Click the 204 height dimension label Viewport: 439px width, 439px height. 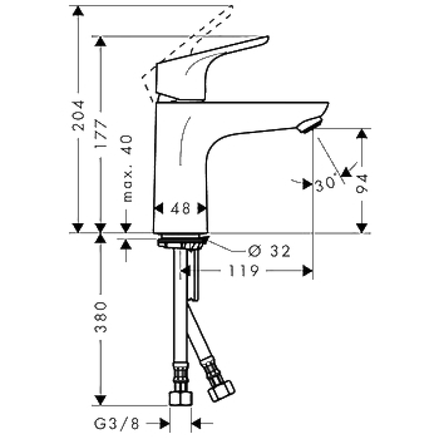pyautogui.click(x=78, y=115)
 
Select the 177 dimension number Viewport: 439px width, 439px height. pyautogui.click(x=100, y=134)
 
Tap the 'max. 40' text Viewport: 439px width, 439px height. pyautogui.click(x=127, y=168)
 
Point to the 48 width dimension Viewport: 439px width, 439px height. pyautogui.click(x=180, y=209)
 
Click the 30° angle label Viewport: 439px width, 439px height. pyautogui.click(x=325, y=184)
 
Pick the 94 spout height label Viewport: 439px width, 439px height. pyautogui.click(x=362, y=184)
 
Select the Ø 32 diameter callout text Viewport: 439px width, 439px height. pyautogui.click(x=269, y=251)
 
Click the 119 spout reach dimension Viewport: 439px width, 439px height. pyautogui.click(x=244, y=271)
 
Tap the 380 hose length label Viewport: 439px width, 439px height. pyautogui.click(x=100, y=317)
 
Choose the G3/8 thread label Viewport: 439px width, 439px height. pyautogui.click(x=116, y=424)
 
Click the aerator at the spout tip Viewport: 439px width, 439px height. pyautogui.click(x=309, y=125)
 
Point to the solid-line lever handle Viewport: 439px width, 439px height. pyautogui.click(x=210, y=69)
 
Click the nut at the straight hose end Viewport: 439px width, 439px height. pyautogui.click(x=181, y=398)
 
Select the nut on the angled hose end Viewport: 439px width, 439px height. pyautogui.click(x=222, y=391)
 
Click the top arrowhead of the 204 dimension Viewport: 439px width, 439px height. pyautogui.click(x=78, y=10)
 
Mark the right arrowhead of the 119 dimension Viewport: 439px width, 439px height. pyautogui.click(x=308, y=271)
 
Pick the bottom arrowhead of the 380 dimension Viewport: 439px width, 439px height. pyautogui.click(x=100, y=401)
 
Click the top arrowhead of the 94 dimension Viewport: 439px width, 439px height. pyautogui.click(x=362, y=133)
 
